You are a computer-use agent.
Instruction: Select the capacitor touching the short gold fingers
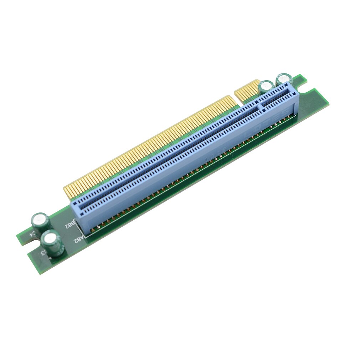[x=266, y=87]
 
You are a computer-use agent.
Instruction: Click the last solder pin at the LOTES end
[x=294, y=114]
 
